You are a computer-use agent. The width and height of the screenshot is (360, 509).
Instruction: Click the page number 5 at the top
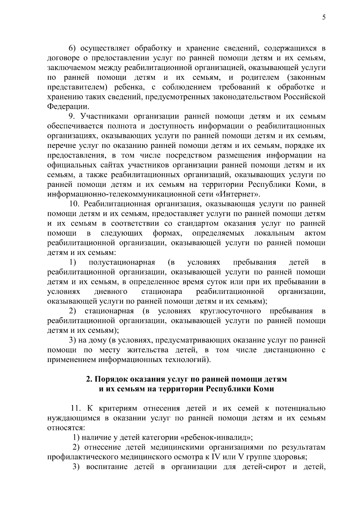coord(324,17)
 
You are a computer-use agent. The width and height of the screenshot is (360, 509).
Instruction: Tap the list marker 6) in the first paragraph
coord(73,49)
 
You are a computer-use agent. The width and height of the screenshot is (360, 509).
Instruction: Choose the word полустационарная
coord(122,263)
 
